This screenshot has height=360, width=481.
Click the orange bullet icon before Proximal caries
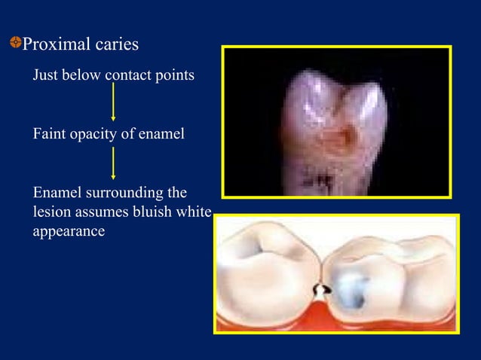click(x=15, y=44)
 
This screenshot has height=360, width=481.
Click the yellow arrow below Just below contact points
click(x=113, y=102)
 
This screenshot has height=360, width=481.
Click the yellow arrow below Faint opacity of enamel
click(x=113, y=163)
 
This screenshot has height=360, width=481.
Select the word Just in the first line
click(x=44, y=76)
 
